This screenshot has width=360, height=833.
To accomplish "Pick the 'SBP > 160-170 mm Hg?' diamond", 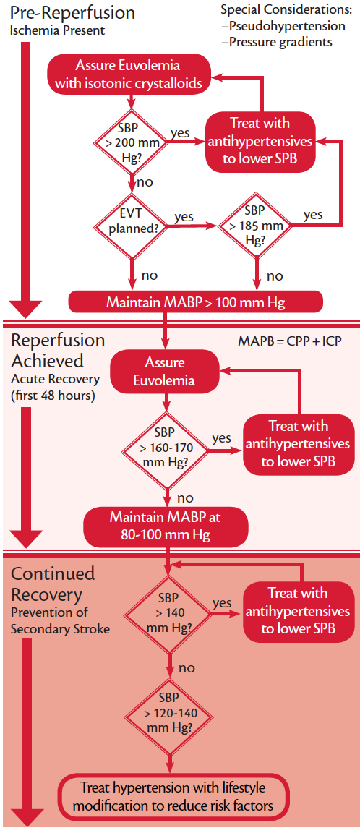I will (x=168, y=449).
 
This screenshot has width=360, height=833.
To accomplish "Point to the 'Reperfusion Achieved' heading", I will (x=57, y=350).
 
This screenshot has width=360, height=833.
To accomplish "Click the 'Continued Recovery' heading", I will (x=52, y=584).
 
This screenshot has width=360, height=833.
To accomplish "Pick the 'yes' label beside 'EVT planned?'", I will (x=184, y=216).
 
